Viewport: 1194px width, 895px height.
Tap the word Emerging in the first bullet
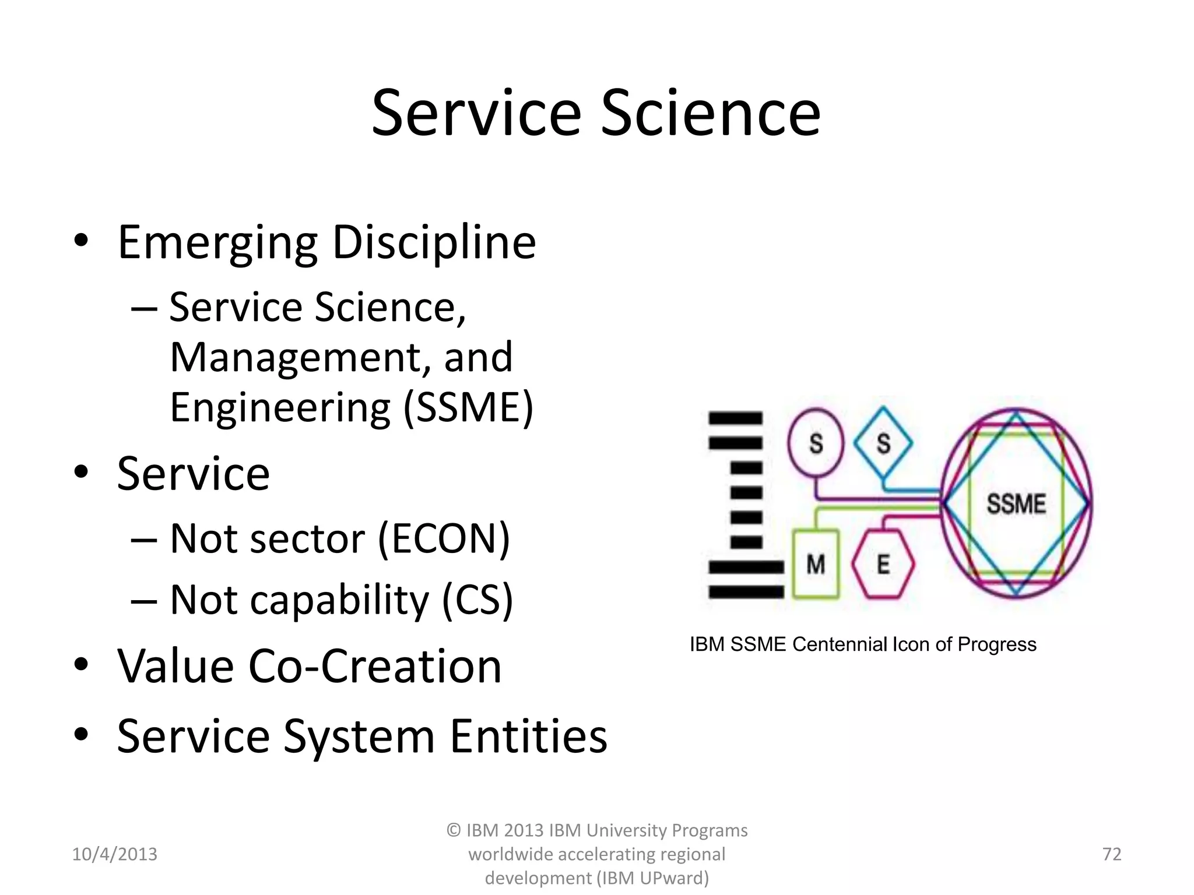tap(217, 242)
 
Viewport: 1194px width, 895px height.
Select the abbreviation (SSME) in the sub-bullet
tap(468, 407)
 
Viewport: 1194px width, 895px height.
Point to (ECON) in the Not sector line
tap(444, 538)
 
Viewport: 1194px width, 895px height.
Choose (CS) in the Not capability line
tap(477, 600)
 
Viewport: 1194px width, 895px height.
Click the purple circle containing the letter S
tap(816, 443)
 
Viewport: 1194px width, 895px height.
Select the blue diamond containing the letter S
tap(883, 443)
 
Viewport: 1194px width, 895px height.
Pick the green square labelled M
tap(816, 564)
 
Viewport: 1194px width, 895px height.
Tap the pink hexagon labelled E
tap(883, 564)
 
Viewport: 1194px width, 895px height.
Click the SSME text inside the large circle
tap(1016, 503)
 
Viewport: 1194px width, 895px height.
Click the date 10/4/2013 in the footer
tap(114, 854)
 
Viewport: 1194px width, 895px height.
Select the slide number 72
tap(1112, 854)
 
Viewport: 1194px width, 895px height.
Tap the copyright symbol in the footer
tap(454, 830)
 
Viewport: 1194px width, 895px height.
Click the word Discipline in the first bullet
tap(434, 242)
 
